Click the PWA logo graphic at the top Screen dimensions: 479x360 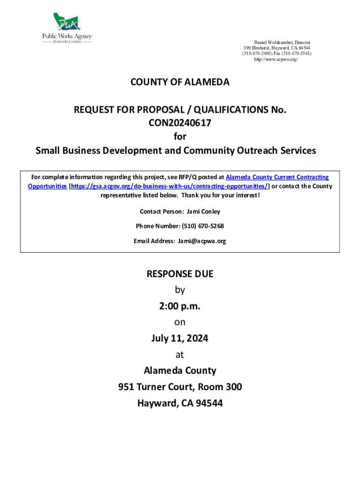coord(67,22)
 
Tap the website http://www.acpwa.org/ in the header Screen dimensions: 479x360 coord(275,60)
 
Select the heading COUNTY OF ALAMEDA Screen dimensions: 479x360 coord(180,82)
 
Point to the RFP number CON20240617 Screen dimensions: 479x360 coord(180,123)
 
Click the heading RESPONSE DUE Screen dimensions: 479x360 coord(180,274)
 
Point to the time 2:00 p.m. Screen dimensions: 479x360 coord(180,306)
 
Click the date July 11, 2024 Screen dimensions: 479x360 coord(180,338)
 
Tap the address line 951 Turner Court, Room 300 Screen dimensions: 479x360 coord(180,387)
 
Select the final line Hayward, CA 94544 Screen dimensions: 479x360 coord(180,403)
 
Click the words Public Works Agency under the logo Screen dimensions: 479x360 coord(67,36)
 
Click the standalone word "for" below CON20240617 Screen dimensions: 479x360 coord(180,137)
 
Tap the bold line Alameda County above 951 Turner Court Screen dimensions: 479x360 coord(180,371)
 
